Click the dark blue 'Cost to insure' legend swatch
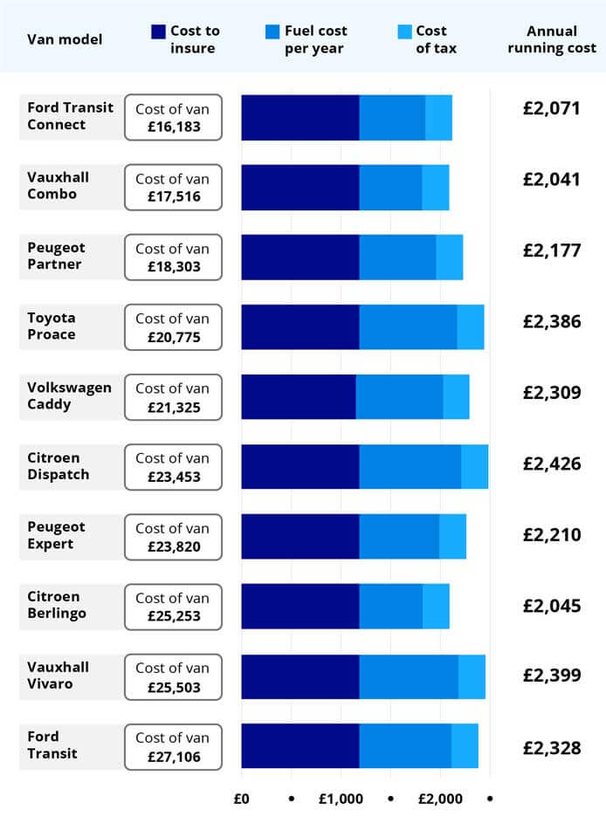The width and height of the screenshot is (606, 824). coord(158,32)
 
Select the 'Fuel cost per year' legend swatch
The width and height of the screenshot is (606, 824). coord(272,32)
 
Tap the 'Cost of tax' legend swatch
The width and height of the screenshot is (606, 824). coord(404,32)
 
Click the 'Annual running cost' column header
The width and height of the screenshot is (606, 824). coord(552,39)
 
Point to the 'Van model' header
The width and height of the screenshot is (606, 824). coord(65,39)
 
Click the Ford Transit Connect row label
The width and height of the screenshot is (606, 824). coord(71,117)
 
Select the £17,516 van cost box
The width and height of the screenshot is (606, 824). coord(174,188)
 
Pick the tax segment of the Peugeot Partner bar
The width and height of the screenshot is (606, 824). coord(449,257)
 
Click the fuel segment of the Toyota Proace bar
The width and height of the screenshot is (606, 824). coord(408,327)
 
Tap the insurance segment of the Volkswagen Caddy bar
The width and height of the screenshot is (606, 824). coord(299,397)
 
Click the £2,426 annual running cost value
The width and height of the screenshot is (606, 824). coord(552,463)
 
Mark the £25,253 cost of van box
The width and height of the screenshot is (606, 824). coord(174,607)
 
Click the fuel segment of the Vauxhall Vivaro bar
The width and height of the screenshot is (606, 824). coord(409,676)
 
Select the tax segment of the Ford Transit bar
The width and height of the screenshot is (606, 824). coord(465,746)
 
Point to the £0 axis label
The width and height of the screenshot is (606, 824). coord(242,799)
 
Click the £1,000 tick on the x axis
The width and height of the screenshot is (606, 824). coord(341,799)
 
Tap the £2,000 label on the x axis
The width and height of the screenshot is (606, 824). coord(440,799)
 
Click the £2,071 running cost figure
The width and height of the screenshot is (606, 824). coord(552,111)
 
